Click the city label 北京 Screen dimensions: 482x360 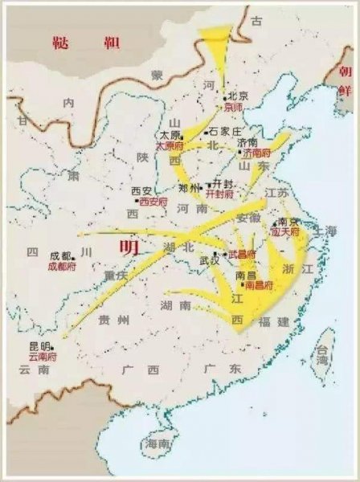point(237,96)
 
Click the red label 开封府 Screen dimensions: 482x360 point(219,194)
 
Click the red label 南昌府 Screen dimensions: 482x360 point(259,285)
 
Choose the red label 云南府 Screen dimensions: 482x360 point(42,355)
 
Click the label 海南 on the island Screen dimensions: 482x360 point(157,444)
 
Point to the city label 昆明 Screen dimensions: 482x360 point(40,345)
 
